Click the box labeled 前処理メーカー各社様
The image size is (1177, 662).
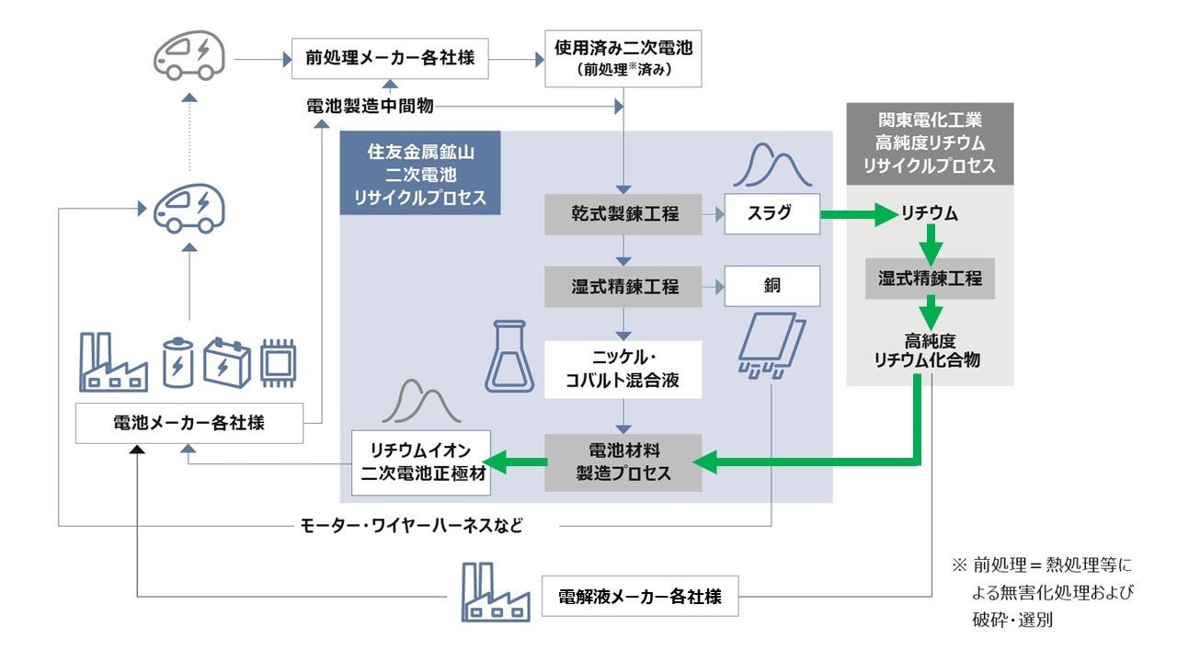tap(390, 58)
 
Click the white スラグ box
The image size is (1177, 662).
tap(771, 214)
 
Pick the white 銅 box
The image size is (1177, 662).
tap(771, 286)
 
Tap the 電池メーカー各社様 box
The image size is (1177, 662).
tap(189, 423)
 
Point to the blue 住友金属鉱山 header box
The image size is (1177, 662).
tap(420, 173)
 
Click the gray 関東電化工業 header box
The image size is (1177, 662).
tap(929, 143)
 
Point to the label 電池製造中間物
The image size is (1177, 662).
tap(370, 107)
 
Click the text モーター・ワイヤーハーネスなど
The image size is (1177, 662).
tap(412, 526)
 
